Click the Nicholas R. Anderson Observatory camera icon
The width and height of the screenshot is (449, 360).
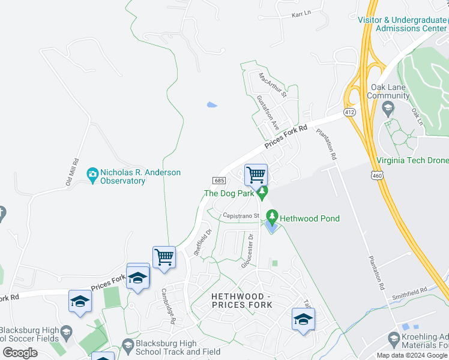pos(92,175)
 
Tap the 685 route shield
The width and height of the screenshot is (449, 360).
pos(218,180)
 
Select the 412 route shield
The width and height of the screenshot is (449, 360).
pos(350,112)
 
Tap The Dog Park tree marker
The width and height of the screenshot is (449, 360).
pos(261,192)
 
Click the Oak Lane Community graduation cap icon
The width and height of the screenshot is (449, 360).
pos(388,108)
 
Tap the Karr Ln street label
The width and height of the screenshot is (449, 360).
pos(301,13)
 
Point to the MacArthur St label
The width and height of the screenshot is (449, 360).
pos(273,85)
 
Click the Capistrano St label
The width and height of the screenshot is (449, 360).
pos(240,215)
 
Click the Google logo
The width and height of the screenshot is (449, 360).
pos(20,352)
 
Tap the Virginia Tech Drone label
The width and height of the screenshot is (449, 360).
pos(413,160)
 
